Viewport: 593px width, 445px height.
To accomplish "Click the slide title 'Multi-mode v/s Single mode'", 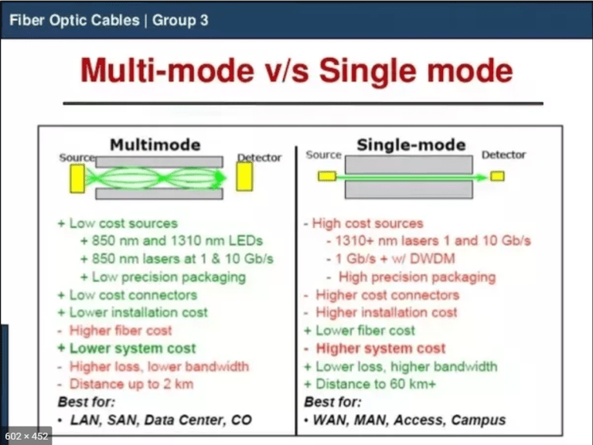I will [297, 71].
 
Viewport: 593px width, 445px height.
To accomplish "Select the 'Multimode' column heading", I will [155, 144].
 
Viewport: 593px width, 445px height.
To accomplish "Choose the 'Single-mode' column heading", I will [411, 144].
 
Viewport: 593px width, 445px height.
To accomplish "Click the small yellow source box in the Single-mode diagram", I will [327, 176].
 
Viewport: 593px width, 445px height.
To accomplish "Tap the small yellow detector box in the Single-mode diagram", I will [497, 176].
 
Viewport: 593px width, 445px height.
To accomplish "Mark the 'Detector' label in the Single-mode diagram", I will [503, 155].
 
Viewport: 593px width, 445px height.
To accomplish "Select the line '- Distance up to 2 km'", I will [125, 384].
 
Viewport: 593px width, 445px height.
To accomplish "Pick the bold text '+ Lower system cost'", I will [127, 348].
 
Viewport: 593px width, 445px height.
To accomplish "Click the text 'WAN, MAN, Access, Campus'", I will [409, 421].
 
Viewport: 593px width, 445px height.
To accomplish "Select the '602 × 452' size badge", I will [27, 435].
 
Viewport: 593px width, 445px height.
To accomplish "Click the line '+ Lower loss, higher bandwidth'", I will [400, 366].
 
